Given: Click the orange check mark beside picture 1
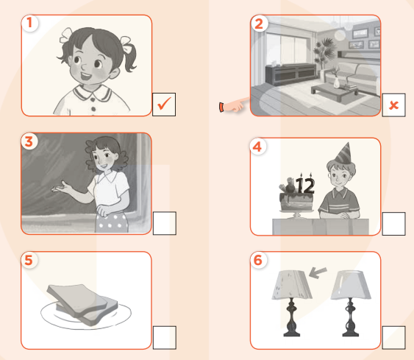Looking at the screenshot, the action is click(164, 103).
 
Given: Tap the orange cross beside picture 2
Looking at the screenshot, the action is click(393, 105).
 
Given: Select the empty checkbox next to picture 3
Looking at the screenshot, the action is click(165, 223).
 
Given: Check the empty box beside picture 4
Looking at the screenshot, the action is click(393, 224).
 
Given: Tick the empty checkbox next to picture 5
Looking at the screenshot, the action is click(165, 337).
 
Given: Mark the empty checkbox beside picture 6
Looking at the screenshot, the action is click(393, 337).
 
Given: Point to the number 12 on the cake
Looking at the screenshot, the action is click(305, 186).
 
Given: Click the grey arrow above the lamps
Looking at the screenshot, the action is click(318, 272).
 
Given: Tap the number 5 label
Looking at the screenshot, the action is click(29, 260).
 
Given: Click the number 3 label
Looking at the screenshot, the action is click(29, 141).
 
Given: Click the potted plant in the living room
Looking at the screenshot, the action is click(324, 54).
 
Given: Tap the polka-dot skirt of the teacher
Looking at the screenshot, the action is click(112, 222).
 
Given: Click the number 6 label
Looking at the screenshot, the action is click(257, 260).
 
